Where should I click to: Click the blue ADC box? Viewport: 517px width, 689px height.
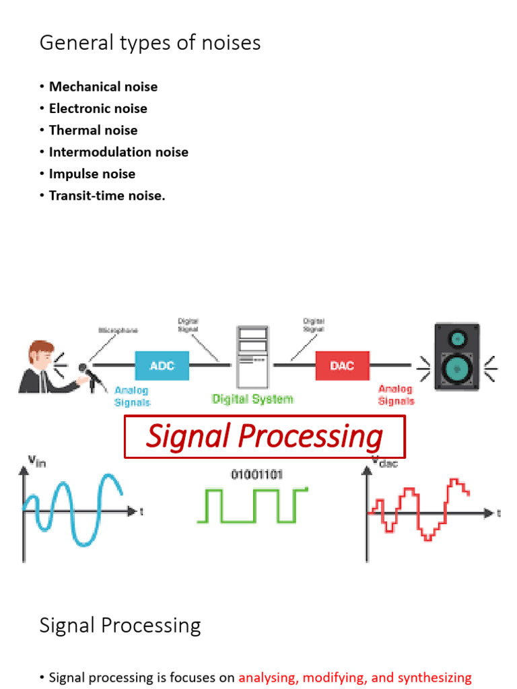[162, 366]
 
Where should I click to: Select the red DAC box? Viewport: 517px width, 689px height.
[342, 366]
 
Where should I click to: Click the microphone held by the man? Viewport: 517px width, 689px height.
[85, 370]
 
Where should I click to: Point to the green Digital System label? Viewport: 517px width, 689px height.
[252, 399]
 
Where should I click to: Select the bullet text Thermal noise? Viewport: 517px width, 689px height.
[93, 130]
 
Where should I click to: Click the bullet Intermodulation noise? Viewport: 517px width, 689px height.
[118, 152]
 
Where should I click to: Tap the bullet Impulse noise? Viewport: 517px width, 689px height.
[92, 174]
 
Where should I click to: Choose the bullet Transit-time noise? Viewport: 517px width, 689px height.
[107, 196]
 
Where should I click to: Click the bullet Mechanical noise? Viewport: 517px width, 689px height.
[103, 86]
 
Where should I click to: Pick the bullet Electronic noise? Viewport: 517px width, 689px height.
[98, 108]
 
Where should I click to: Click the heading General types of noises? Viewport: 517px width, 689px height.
[150, 43]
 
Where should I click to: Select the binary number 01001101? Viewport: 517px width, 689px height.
[256, 474]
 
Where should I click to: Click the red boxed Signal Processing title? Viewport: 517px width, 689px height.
[265, 437]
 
